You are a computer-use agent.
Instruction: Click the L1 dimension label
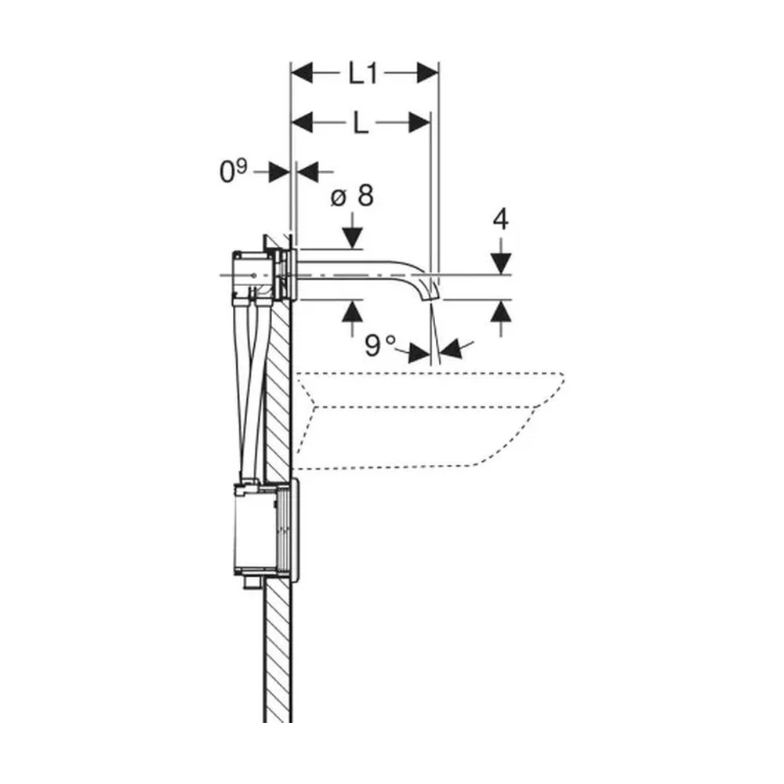point(363,74)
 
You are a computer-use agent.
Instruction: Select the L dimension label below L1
point(361,123)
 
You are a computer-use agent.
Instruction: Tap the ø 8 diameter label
point(352,195)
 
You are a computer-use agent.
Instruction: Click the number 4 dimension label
point(500,220)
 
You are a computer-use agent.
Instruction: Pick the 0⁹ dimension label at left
point(233,171)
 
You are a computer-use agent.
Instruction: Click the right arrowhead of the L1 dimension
point(427,74)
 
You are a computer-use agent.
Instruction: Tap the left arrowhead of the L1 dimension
point(302,74)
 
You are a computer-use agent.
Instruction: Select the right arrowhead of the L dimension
point(419,122)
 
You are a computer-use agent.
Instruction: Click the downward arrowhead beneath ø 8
point(353,238)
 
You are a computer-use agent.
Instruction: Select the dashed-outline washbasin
point(430,420)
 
